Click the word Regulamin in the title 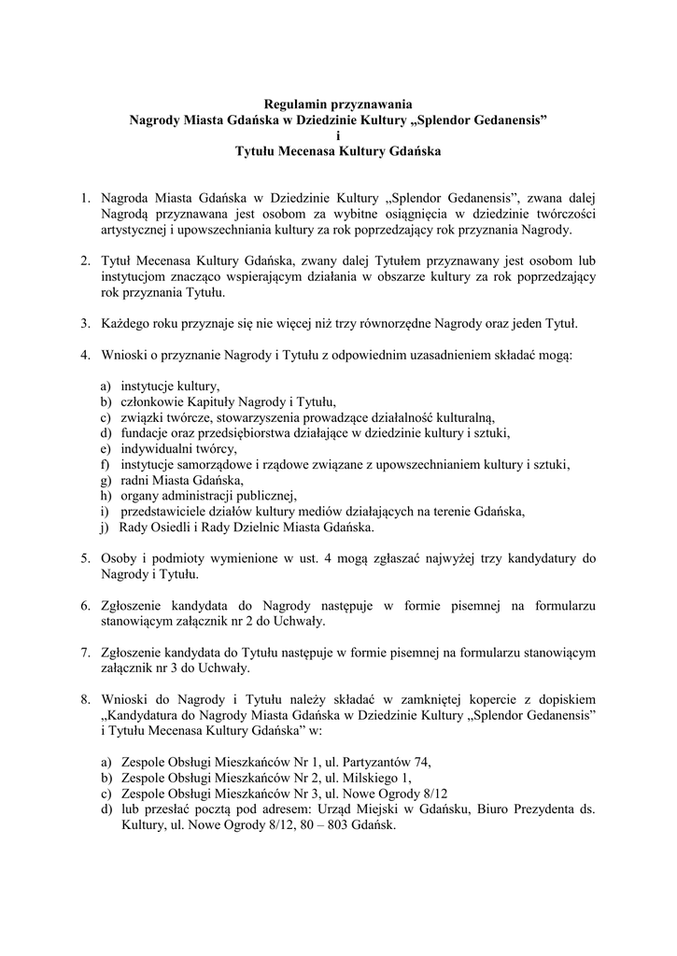[x=295, y=105]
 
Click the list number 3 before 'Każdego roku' [x=84, y=324]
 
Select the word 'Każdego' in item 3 [x=127, y=324]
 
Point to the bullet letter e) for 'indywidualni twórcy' [x=105, y=448]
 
